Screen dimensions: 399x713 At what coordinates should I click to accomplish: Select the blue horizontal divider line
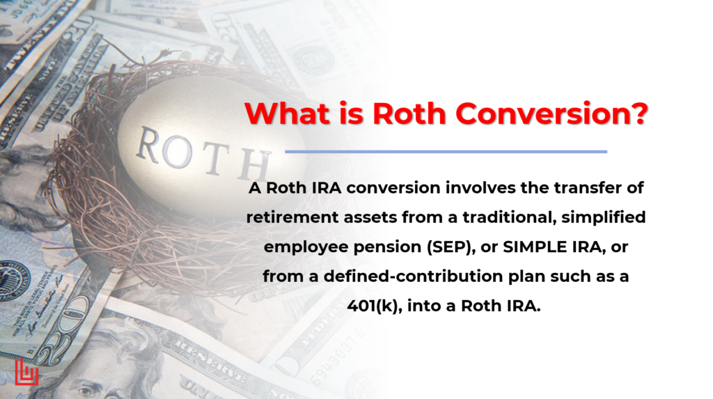(x=446, y=151)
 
